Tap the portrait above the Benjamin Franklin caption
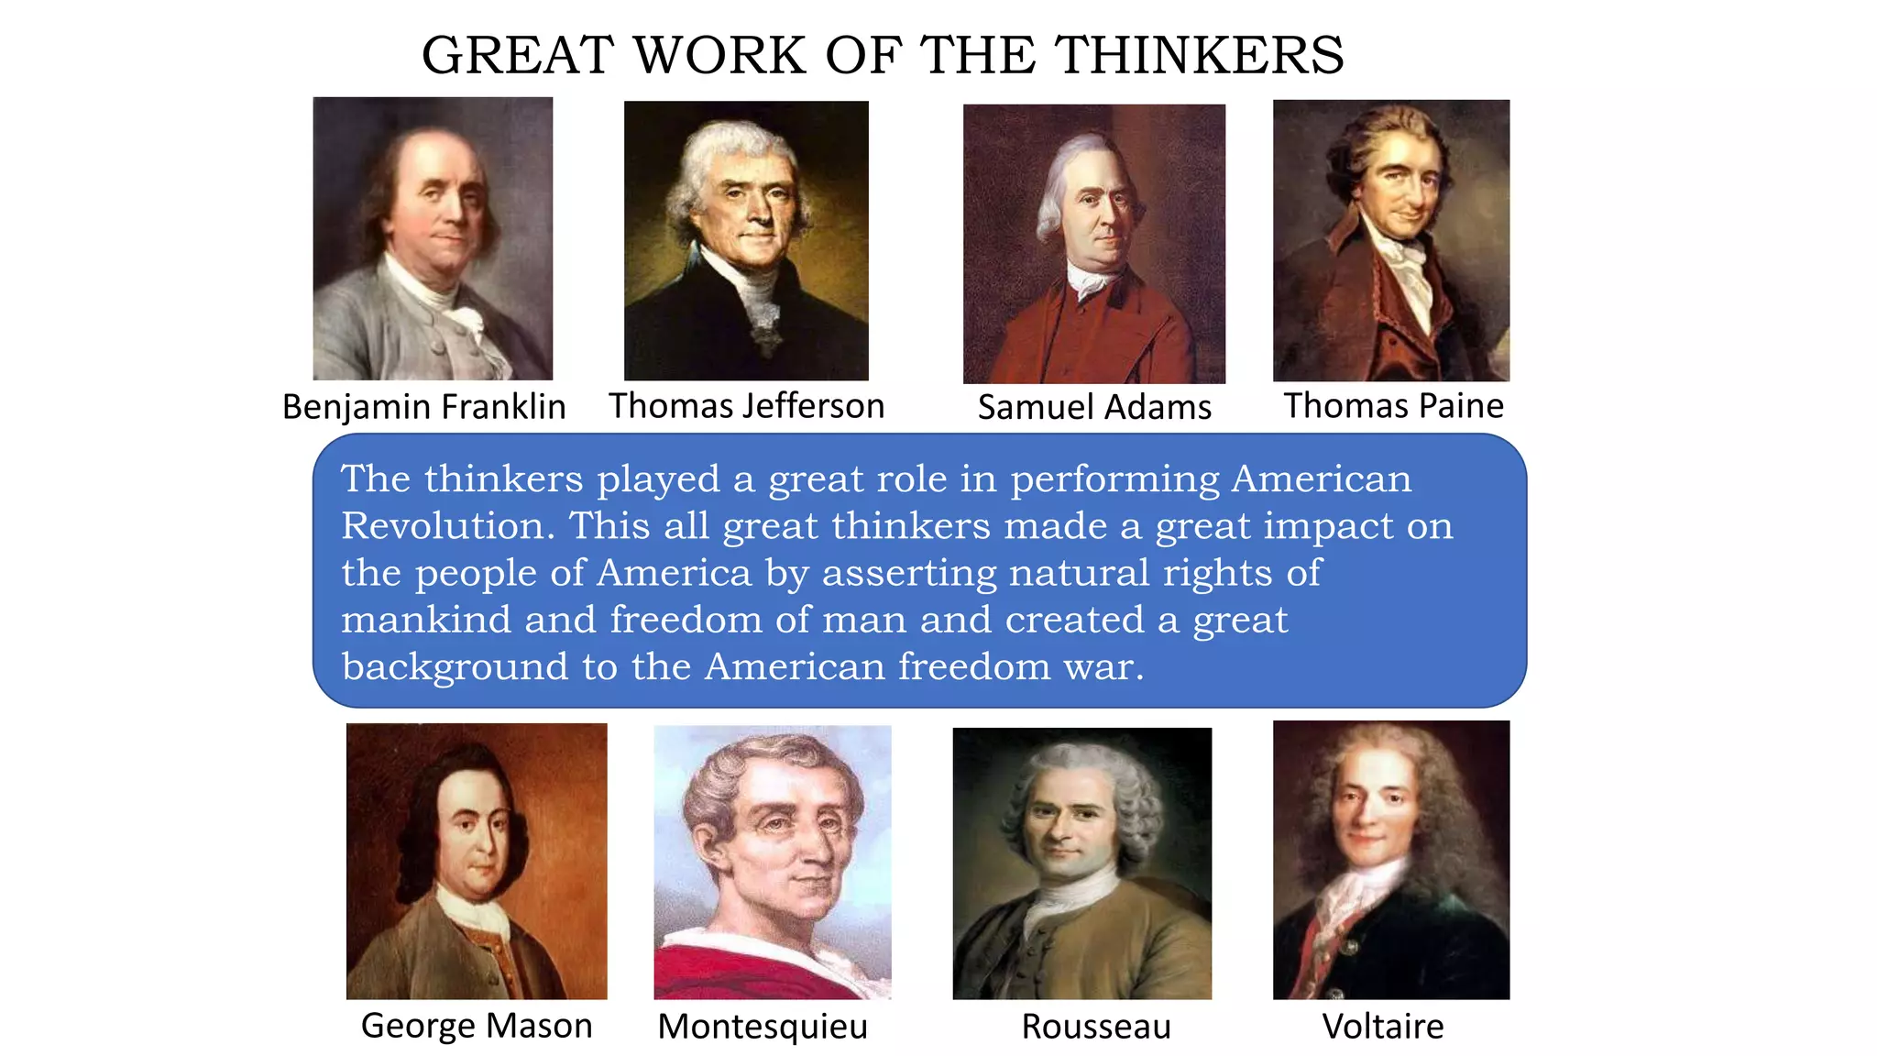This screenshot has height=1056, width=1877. click(433, 238)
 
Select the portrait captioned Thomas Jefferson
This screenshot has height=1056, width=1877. click(746, 240)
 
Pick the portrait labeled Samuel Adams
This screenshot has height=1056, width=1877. click(1093, 244)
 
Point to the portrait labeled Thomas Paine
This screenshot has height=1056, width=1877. click(1390, 240)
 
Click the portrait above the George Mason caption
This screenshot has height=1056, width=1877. click(477, 861)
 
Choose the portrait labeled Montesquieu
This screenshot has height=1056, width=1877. click(772, 862)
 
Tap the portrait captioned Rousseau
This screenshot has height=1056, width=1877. click(1081, 863)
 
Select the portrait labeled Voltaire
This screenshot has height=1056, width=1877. click(1390, 859)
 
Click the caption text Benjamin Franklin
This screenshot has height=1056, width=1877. click(423, 407)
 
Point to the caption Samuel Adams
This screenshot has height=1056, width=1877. click(1094, 407)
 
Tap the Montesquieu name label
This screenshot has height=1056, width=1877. click(763, 1027)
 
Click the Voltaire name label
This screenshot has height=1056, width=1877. click(1382, 1027)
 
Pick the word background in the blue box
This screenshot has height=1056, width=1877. click(455, 667)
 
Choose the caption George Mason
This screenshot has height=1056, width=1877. click(477, 1026)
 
